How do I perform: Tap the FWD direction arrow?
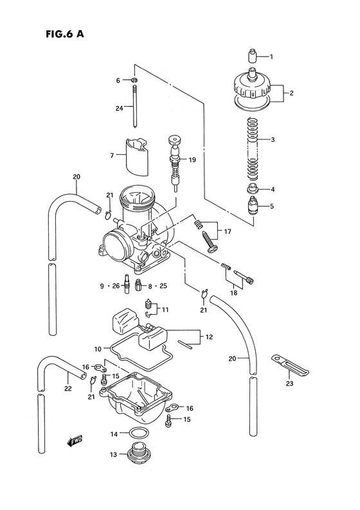[x=75, y=442]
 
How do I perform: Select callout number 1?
[x=271, y=57]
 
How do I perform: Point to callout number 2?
[x=291, y=93]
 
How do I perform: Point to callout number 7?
[x=112, y=156]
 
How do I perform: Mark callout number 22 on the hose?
[x=67, y=388]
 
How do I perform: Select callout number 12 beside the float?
[x=209, y=337]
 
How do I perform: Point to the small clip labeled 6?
[x=134, y=80]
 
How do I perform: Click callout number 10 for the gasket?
[x=98, y=349]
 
